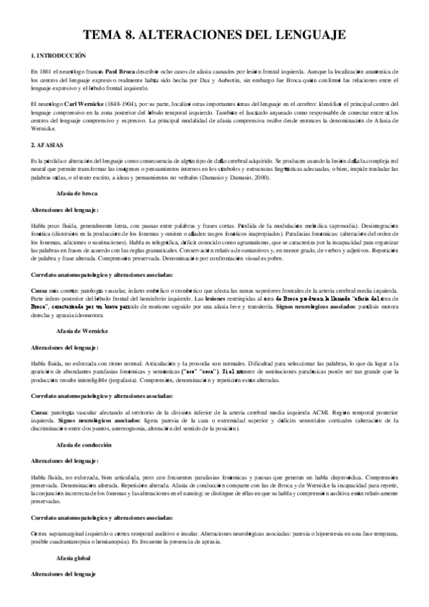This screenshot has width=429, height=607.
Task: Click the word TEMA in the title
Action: [x=105, y=34]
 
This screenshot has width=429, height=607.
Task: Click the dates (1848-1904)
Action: [x=124, y=105]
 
